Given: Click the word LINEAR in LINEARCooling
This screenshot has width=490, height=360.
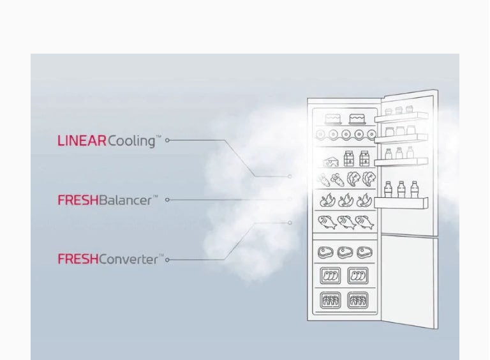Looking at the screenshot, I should (82, 140).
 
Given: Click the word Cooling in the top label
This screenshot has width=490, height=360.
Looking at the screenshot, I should (131, 141).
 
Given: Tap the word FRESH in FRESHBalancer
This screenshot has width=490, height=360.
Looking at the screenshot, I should (78, 200).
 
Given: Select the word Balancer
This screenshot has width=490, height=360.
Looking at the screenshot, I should (125, 200).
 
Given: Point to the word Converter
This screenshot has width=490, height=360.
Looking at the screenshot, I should (128, 259).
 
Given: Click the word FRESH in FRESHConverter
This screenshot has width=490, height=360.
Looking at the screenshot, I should (78, 259).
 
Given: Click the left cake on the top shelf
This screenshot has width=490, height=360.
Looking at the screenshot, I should (333, 119).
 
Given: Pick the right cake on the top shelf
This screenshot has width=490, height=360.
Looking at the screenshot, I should (357, 119).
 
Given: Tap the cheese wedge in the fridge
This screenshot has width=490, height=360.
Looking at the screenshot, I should (330, 160).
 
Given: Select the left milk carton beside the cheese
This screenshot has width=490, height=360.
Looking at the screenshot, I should (349, 158).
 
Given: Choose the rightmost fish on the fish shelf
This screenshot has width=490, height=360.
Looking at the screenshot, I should (364, 222).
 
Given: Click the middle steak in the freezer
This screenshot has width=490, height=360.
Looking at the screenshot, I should (345, 252).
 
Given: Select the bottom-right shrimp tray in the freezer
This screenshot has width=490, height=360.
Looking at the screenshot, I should (357, 300).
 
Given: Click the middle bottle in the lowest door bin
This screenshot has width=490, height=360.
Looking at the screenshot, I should (401, 189).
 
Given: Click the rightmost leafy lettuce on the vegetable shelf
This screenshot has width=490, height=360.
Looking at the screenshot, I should (369, 179).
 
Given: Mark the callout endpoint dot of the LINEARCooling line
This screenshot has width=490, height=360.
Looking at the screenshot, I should (290, 176).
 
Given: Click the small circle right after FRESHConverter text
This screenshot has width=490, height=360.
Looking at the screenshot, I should (167, 260).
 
